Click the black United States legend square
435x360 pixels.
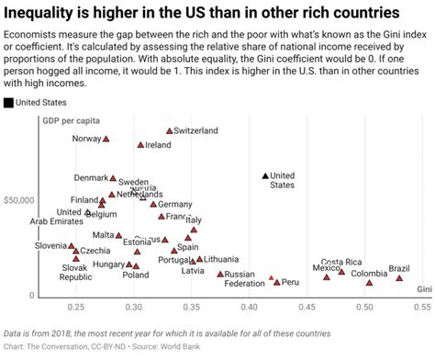8,103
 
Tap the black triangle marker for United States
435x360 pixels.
265,174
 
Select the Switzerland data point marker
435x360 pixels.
169,131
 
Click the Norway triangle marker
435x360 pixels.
106,139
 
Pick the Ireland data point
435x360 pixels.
140,145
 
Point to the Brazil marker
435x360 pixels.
399,277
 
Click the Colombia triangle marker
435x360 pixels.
369,282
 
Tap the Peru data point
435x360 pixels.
276,282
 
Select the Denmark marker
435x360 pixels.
113,178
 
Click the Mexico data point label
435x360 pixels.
326,268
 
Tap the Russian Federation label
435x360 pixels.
244,279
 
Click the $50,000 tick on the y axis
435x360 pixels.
19,199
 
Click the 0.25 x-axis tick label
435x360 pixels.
75,307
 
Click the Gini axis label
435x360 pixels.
424,289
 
